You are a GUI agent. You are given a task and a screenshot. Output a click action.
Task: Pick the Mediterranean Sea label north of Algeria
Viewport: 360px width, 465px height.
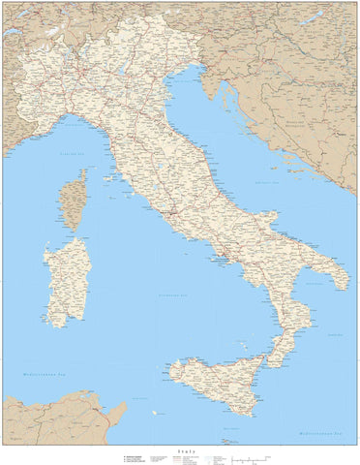tap(39, 374)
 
